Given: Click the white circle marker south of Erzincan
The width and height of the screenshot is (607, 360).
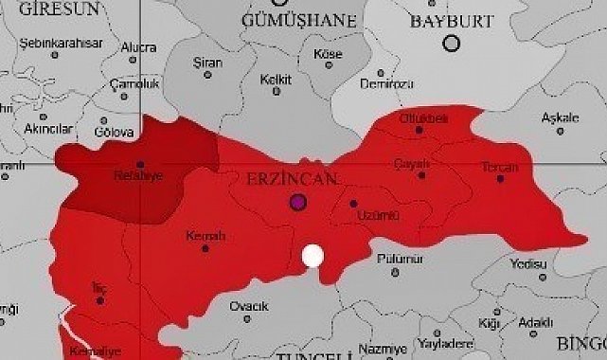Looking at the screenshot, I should coord(312,256).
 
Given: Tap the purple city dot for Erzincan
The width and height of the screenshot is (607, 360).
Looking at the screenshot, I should coord(298,202).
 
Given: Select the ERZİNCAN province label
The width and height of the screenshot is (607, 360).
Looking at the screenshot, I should coord(287,178).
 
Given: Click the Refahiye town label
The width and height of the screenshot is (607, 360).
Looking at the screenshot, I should coord(139,175).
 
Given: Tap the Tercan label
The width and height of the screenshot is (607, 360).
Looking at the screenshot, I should coord(499,168).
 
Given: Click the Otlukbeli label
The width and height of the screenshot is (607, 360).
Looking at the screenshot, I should coord(422,117).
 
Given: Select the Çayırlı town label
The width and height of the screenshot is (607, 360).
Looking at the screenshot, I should coord(412,163).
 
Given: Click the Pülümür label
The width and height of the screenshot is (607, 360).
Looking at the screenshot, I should coord(396,258).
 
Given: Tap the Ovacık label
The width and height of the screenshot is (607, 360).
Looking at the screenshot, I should coord(249,306).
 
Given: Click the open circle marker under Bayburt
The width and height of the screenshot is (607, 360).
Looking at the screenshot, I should coord(452,43).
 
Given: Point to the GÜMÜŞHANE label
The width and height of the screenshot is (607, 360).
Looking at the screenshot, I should coord(299,19).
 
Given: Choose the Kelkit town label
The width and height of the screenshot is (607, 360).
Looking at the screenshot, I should coord(277,79).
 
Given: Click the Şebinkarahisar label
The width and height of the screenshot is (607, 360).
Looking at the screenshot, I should coord(54,42).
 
